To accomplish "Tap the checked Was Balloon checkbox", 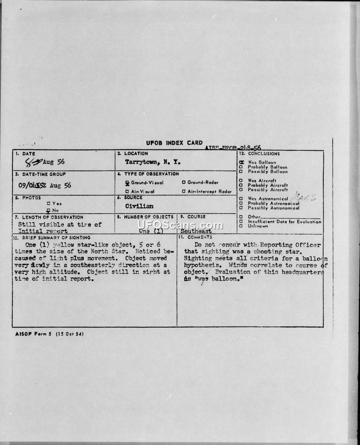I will point(242,162).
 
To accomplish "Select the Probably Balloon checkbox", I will point(242,167).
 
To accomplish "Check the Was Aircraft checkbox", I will point(242,181).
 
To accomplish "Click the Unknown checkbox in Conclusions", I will point(242,226).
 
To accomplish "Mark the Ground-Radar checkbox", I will point(184,182).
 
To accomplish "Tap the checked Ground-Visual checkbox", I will point(127,183).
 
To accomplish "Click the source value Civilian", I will point(140,206).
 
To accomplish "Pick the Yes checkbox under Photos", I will point(54,204).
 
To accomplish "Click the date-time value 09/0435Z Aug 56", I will point(45,185).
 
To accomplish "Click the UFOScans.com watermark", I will point(180,225).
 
